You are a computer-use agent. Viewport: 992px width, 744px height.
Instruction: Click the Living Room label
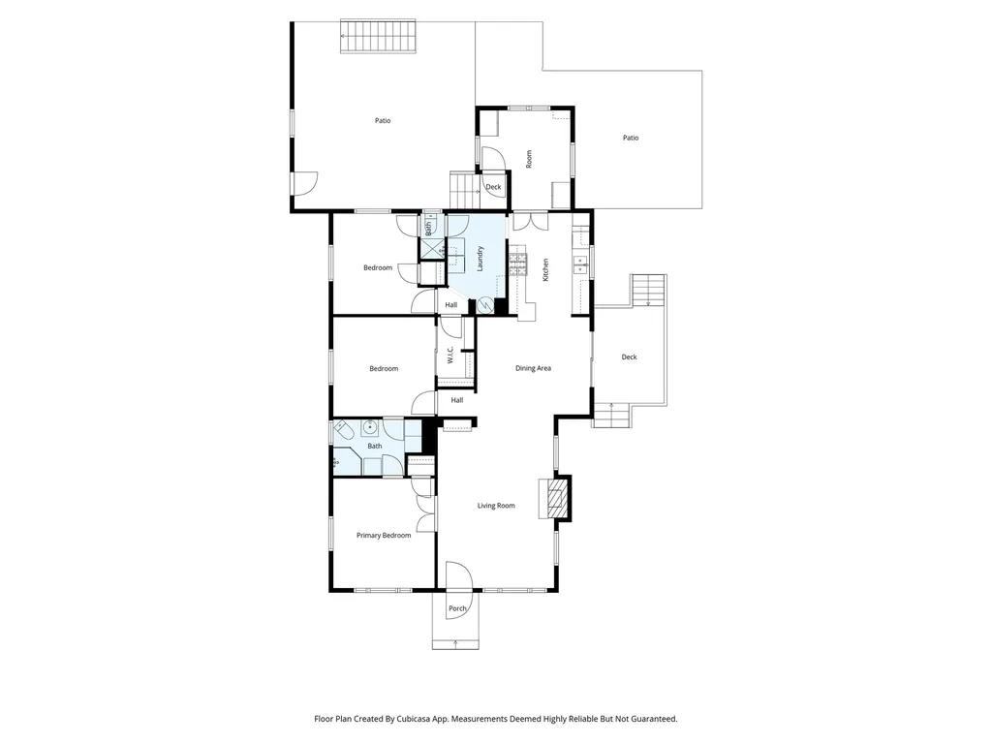click(x=496, y=506)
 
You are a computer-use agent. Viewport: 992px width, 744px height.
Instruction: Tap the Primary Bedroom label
click(x=384, y=536)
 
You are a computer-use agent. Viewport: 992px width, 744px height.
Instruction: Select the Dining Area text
click(x=533, y=368)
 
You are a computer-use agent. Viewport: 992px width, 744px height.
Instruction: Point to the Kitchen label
click(x=546, y=269)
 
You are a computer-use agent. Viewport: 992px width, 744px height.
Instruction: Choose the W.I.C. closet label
click(x=450, y=356)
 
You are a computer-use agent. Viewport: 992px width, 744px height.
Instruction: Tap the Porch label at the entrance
click(x=457, y=608)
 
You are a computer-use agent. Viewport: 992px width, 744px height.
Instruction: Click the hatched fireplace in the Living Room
click(x=556, y=499)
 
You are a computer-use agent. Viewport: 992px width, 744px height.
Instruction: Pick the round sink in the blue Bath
click(x=370, y=427)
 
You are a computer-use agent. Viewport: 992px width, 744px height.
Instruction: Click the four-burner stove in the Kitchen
click(x=517, y=263)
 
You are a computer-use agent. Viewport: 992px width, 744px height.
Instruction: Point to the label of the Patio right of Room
click(x=630, y=139)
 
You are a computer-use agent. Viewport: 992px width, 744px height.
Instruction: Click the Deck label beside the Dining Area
click(x=630, y=357)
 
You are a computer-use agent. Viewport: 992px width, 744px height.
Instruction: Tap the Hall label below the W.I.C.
click(x=456, y=400)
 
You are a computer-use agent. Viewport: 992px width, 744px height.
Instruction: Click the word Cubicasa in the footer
click(x=417, y=719)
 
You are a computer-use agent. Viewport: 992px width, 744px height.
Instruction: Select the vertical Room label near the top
click(x=529, y=159)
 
